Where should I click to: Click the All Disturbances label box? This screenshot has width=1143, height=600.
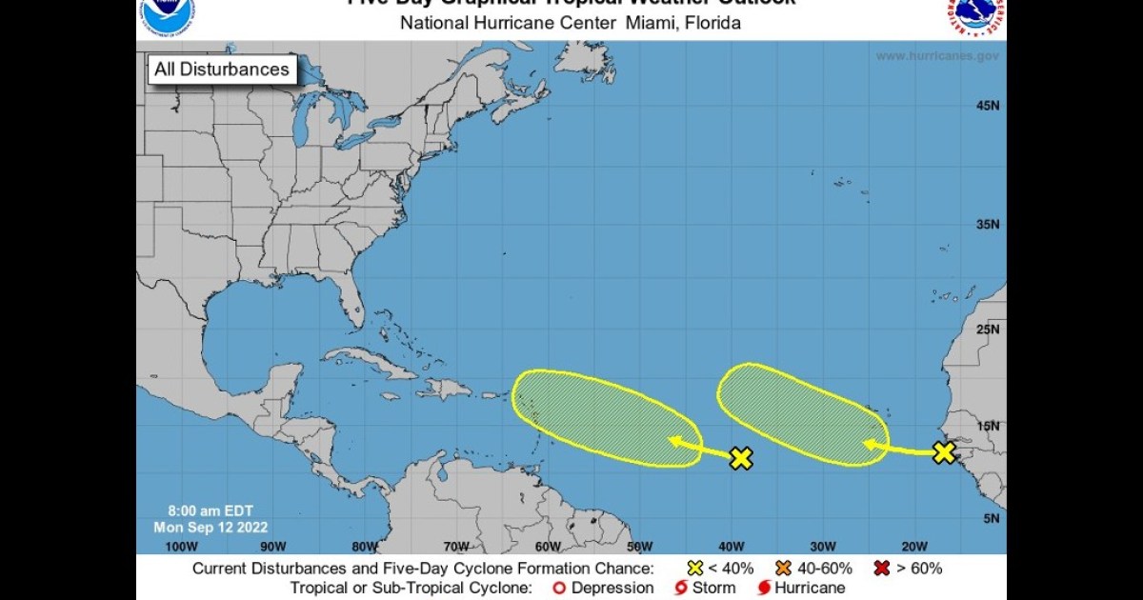click(222, 70)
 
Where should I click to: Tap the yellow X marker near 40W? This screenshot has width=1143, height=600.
click(741, 458)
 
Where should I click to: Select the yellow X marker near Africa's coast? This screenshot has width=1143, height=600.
click(943, 452)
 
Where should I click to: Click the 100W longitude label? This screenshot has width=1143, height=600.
click(181, 547)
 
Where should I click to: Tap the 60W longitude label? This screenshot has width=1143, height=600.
click(547, 547)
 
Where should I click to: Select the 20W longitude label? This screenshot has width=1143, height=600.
click(913, 547)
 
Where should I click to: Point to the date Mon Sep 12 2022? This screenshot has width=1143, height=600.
click(211, 527)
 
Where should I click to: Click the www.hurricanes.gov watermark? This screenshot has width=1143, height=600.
click(937, 56)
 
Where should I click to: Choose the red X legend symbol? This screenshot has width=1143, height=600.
click(882, 569)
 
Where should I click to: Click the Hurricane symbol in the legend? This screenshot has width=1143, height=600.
click(764, 589)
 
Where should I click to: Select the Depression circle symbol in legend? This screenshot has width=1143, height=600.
click(559, 589)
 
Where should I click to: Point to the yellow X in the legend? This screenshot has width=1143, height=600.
click(695, 569)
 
